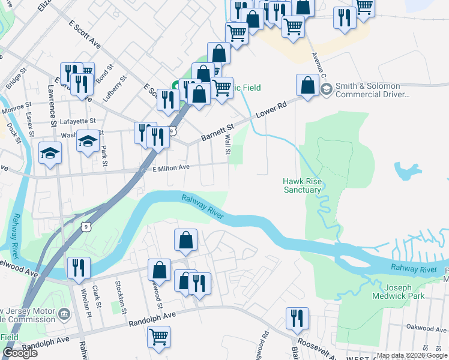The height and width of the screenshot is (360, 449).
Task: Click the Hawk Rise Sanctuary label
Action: tap(302, 185)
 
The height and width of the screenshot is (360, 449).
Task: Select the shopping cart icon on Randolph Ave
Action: tap(159, 337)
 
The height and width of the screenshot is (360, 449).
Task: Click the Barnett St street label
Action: tap(217, 130)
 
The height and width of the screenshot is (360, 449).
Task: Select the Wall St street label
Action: tap(228, 144)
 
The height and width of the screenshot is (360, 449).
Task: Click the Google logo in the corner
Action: tap(20, 353)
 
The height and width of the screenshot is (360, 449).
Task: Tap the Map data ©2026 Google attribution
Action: tap(411, 355)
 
